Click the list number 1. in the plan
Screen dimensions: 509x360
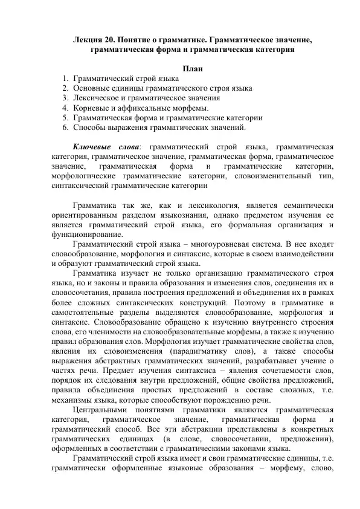(65, 79)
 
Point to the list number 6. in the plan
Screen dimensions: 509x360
(65, 128)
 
